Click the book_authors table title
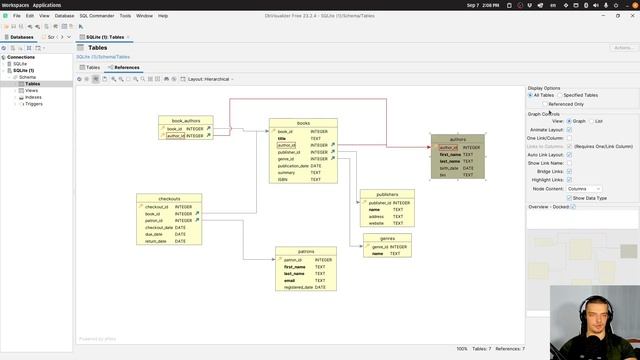coord(185,120)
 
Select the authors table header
coord(457,139)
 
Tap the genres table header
coord(387,239)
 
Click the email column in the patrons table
coord(289,280)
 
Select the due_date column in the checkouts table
coord(155,234)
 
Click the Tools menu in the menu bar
coord(125,16)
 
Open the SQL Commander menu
coord(97,16)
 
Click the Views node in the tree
coord(32,90)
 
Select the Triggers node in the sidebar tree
coord(34,103)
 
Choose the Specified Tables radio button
coord(559,95)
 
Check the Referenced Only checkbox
coord(545,103)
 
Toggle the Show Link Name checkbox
coord(570,162)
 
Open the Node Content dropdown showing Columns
coord(584,188)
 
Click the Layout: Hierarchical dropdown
coord(210,78)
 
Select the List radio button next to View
coord(591,121)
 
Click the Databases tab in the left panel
coord(19,37)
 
